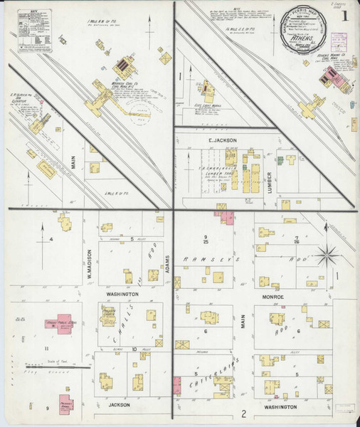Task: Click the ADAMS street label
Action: [x=168, y=264]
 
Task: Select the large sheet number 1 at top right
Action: [x=344, y=16]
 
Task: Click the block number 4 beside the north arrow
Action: [x=52, y=239]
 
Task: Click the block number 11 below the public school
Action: [x=46, y=349]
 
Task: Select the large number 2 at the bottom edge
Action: [x=243, y=413]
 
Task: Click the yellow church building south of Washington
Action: [x=109, y=315]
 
